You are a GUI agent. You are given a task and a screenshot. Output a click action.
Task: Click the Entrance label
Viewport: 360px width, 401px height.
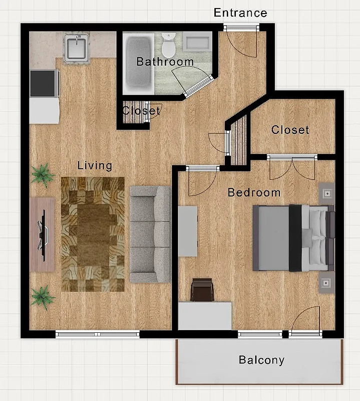240,13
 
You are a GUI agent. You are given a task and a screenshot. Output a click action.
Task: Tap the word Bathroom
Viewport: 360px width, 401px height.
165,62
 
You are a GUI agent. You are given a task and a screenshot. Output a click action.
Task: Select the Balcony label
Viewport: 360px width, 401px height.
261,360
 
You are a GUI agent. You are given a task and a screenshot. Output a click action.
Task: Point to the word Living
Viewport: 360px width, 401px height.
95,165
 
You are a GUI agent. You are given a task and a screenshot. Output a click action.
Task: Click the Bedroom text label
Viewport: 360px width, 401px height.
254,192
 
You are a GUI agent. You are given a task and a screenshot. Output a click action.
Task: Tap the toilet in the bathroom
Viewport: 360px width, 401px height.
169,46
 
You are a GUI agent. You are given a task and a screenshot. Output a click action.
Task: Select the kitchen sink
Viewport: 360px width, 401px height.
76,48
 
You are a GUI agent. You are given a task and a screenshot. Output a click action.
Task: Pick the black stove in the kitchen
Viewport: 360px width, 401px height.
44,83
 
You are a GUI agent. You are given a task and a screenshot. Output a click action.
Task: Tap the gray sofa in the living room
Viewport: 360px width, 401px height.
150,234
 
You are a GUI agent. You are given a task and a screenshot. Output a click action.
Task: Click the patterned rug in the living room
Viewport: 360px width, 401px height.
93,234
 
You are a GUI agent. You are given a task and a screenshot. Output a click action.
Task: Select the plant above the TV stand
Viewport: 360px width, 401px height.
42,175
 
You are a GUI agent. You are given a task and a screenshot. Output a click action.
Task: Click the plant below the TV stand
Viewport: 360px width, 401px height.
42,297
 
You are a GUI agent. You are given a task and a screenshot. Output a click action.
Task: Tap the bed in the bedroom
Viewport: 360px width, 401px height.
293,238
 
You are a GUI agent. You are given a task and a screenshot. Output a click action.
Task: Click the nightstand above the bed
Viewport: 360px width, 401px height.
327,192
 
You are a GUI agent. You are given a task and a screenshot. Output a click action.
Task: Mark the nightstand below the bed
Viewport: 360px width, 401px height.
327,284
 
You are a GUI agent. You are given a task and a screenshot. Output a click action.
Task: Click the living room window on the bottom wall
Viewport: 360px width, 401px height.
97,334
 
